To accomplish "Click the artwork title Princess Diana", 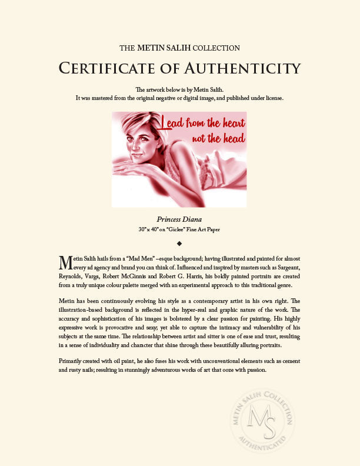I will coord(179,219).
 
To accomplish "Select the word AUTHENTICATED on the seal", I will coord(266,443).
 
